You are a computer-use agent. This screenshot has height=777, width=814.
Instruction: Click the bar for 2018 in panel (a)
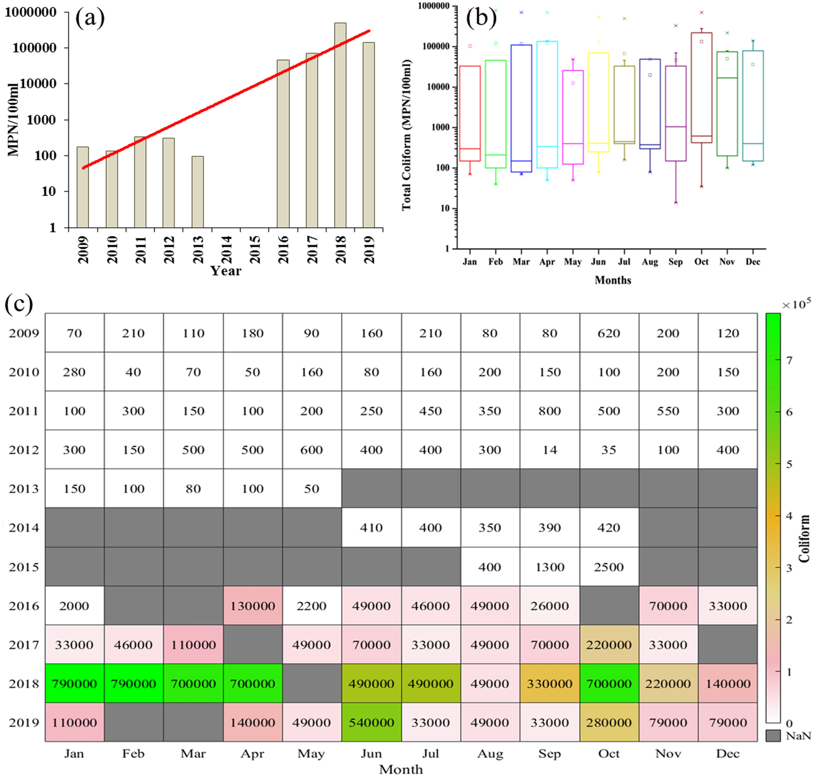point(340,124)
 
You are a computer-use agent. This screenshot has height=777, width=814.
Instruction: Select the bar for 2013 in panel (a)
point(197,191)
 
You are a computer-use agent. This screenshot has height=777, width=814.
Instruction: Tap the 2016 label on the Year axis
point(284,249)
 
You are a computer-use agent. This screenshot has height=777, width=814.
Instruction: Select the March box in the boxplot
point(521,108)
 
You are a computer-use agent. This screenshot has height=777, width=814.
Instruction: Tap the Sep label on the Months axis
point(675,262)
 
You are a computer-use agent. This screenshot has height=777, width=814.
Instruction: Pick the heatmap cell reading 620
point(608,333)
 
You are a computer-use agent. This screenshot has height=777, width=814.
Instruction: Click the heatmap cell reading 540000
point(371,722)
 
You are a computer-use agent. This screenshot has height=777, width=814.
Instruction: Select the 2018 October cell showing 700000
point(608,683)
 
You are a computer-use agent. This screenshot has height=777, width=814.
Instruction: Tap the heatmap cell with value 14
point(549,450)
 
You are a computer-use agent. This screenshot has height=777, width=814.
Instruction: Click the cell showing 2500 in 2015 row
point(608,567)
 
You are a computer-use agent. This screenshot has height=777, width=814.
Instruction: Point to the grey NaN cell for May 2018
point(312,683)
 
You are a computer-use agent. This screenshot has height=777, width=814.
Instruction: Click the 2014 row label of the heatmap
point(24,528)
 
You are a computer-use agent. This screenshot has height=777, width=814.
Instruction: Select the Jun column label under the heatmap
point(371,753)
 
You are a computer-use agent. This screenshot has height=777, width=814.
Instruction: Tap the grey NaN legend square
point(773,736)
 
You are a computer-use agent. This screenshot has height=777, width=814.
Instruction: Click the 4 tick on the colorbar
point(789,516)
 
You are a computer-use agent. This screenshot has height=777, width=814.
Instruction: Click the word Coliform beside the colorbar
point(803,539)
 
